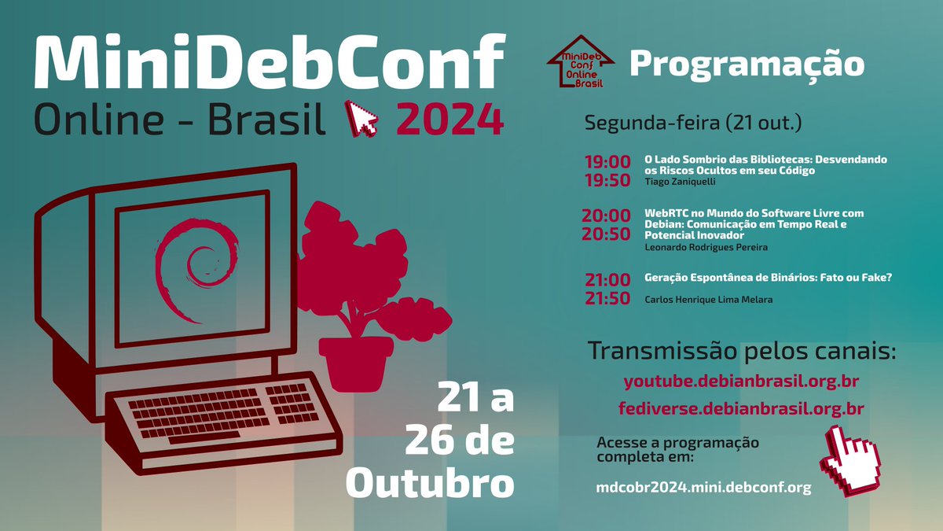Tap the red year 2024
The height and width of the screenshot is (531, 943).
tap(449, 120)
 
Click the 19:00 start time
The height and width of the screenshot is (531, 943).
tap(607, 162)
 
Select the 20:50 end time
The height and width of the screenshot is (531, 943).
tap(607, 234)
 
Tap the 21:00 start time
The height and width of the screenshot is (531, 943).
tap(607, 279)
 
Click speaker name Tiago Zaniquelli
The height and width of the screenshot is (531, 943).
tap(680, 182)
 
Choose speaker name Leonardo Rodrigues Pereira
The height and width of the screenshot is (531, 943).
tap(706, 247)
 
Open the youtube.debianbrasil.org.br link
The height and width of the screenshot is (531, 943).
tap(740, 382)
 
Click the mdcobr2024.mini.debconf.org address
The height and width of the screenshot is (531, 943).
tap(703, 488)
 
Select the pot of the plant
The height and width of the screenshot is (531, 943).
tap(355, 362)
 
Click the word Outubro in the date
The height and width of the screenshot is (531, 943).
tap(430, 483)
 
